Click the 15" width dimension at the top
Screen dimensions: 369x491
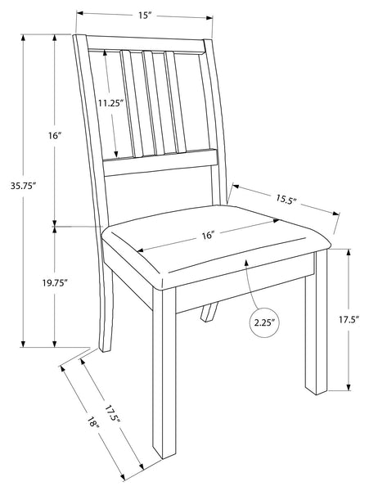point(145,16)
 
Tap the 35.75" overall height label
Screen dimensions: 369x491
point(22,186)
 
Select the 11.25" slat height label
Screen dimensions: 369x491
point(110,103)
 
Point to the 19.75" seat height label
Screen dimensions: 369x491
point(55,283)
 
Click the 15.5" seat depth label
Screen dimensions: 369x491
point(286,199)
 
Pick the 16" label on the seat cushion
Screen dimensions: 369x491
point(208,235)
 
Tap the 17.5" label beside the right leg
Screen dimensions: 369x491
point(349,320)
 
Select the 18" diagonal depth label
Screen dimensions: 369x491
point(93,421)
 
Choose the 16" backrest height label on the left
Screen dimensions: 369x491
point(55,136)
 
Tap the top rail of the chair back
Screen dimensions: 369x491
point(146,44)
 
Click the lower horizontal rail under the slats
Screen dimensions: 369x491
point(160,161)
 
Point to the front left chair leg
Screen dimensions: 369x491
point(164,372)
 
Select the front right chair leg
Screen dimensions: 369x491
point(317,322)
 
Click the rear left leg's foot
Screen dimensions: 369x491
point(106,347)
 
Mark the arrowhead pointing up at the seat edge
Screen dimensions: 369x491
point(246,263)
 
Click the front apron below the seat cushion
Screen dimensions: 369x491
point(245,284)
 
